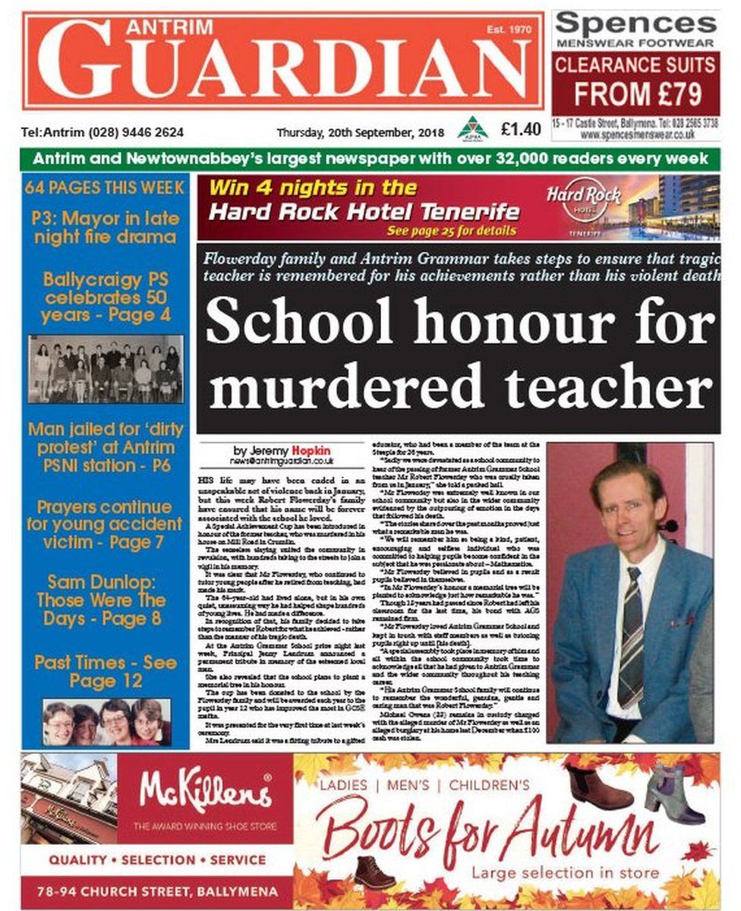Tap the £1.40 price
tap(521, 130)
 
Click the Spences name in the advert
tap(635, 24)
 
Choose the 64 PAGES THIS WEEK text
tap(105, 187)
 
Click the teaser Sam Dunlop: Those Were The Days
tap(104, 600)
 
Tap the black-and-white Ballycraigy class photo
tap(106, 369)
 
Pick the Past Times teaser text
tap(106, 671)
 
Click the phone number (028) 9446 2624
tap(136, 131)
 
